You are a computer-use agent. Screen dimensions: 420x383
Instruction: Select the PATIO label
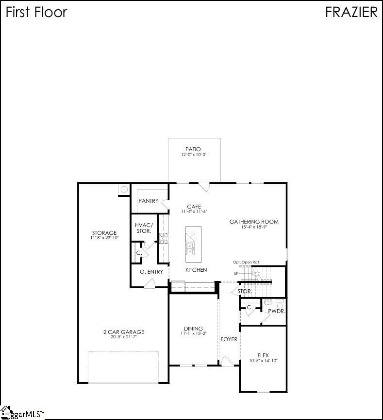[193, 149]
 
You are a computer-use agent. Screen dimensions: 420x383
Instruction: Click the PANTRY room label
[149, 201]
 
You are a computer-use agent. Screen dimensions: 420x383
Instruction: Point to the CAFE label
[194, 207]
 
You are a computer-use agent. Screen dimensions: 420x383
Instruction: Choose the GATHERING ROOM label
[254, 222]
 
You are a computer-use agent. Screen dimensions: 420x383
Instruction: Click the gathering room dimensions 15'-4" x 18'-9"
[254, 227]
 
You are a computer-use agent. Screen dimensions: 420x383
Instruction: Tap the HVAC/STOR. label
[144, 228]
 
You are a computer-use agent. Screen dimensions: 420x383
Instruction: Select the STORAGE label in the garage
[104, 233]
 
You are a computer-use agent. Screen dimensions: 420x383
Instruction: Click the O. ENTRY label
[151, 272]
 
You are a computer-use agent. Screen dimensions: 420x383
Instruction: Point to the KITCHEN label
[196, 270]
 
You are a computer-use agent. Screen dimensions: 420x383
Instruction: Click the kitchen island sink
[190, 249]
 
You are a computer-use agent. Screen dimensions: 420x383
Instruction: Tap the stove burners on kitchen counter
[164, 238]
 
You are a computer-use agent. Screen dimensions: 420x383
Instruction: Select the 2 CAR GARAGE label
[123, 332]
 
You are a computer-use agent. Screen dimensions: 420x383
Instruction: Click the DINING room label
[193, 329]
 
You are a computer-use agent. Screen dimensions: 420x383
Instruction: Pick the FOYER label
[229, 339]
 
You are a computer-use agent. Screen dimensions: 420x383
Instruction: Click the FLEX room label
[263, 355]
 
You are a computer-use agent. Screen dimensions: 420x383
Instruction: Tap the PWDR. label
[277, 311]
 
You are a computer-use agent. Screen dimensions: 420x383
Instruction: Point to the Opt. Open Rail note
[246, 262]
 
